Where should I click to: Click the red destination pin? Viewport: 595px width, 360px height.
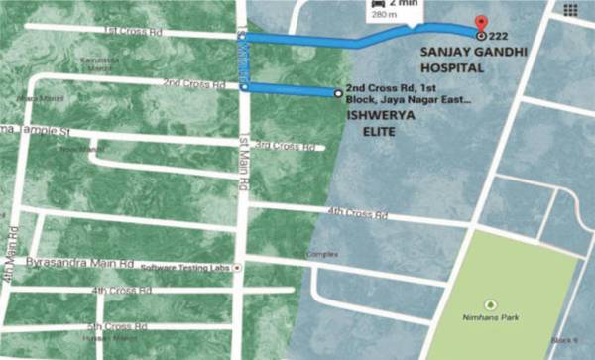(x=481, y=23)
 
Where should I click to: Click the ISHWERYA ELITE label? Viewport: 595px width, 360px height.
(x=378, y=123)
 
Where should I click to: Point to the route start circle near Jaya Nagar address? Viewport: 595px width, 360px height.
(x=338, y=93)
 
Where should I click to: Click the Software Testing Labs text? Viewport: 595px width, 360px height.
(x=185, y=268)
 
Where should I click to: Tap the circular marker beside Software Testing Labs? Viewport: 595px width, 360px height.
(x=237, y=268)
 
